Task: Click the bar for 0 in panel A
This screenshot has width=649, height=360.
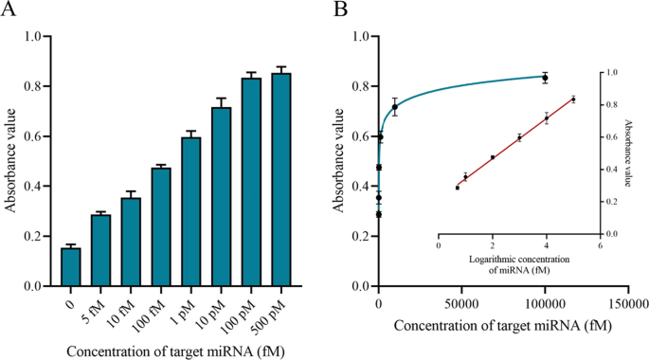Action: [71, 267]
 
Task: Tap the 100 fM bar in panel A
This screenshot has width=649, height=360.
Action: [161, 226]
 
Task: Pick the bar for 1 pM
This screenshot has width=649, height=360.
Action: [191, 211]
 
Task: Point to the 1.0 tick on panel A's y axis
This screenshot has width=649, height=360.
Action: [39, 37]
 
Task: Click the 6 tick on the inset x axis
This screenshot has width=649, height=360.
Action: [599, 244]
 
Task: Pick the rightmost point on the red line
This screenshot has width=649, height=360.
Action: [573, 99]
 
